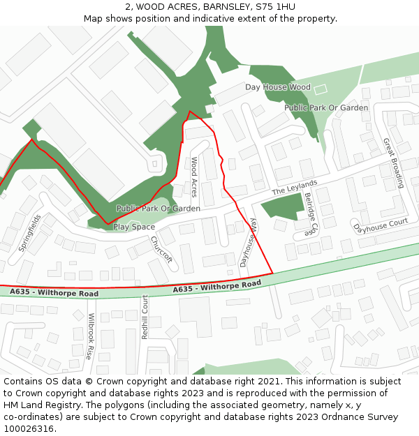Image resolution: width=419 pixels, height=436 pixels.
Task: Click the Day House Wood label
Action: [277, 87]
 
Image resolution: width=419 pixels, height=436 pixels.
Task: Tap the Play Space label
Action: [134, 227]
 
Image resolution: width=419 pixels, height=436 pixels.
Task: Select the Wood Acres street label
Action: [195, 177]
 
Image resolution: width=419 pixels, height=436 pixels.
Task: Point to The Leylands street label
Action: [295, 187]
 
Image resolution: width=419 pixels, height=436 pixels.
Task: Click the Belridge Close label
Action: [311, 216]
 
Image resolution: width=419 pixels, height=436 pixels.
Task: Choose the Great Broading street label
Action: [393, 163]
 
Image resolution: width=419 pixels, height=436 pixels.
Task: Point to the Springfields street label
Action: [30, 233]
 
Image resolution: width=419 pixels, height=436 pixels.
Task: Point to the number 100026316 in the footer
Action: [28, 428]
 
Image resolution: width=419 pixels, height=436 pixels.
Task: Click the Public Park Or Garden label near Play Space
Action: [159, 209]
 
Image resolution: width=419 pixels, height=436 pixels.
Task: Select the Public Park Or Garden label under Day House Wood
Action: [326, 108]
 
